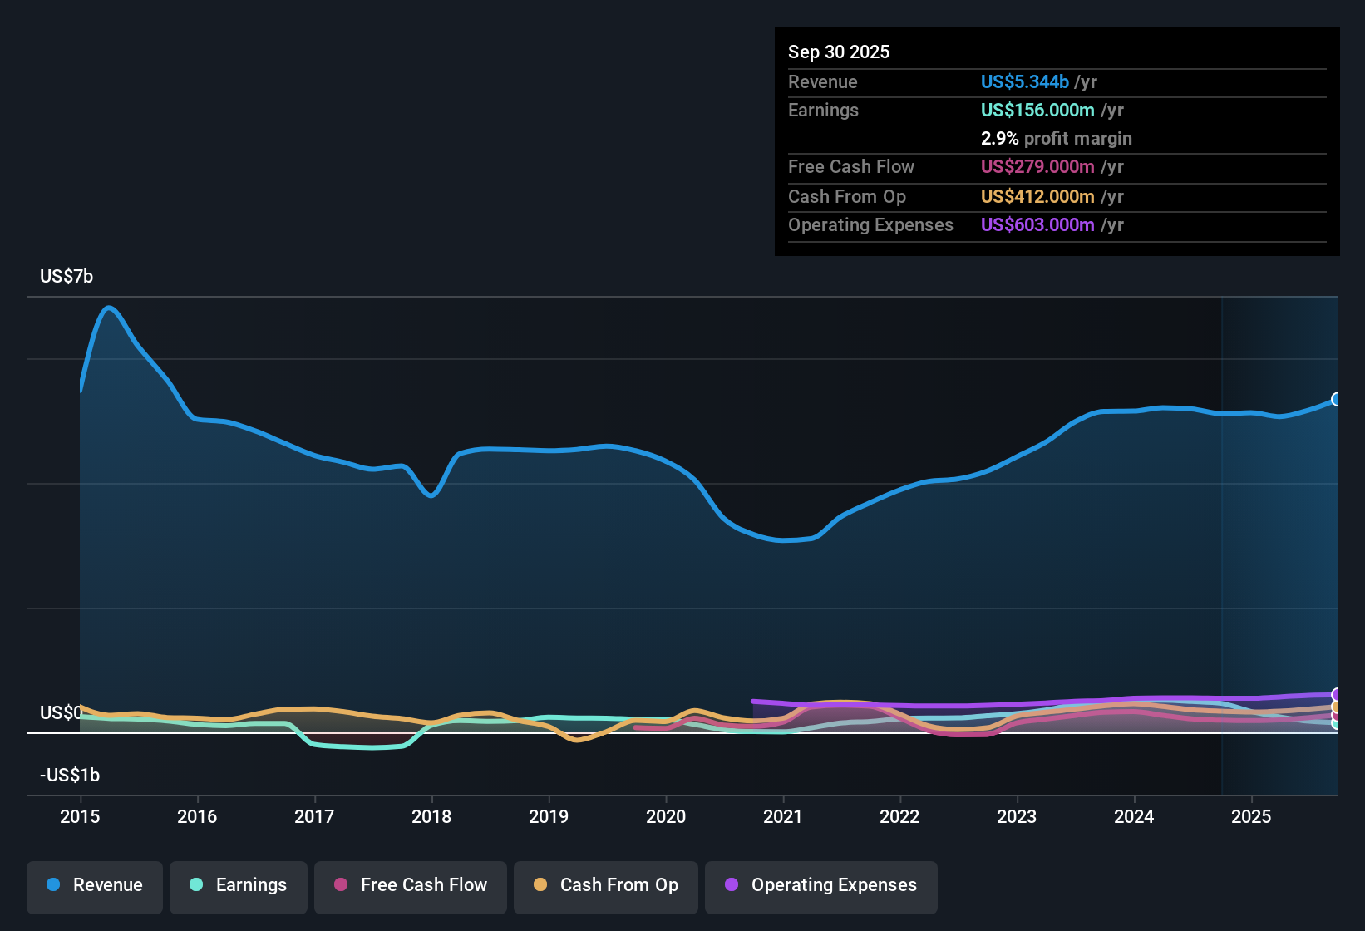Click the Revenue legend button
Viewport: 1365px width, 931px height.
tap(95, 885)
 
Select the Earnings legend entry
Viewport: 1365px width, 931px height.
tap(239, 885)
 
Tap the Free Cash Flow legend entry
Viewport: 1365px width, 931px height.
tap(411, 885)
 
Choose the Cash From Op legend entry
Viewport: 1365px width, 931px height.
tap(606, 885)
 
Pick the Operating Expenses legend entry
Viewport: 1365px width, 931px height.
tap(821, 885)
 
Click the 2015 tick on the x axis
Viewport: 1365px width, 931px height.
tap(80, 817)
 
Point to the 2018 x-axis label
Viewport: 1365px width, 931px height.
tap(431, 817)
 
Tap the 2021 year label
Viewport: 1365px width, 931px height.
tap(783, 817)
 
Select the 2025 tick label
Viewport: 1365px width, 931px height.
tap(1251, 817)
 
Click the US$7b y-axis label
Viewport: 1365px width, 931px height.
tap(67, 277)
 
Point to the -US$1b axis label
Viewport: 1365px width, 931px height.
tap(70, 776)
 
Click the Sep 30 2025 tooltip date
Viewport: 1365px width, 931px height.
tap(839, 52)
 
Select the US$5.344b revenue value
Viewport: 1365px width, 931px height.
tap(1024, 82)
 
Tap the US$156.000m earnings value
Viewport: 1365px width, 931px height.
tap(1037, 111)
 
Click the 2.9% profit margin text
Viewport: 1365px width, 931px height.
tap(1056, 139)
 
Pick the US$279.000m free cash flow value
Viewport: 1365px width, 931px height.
tap(1037, 167)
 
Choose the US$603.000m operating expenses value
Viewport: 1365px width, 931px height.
tap(1037, 225)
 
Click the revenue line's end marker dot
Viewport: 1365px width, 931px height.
tap(1337, 399)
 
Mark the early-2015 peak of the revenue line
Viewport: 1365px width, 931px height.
tap(109, 308)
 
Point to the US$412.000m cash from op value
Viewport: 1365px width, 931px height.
tap(1037, 197)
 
